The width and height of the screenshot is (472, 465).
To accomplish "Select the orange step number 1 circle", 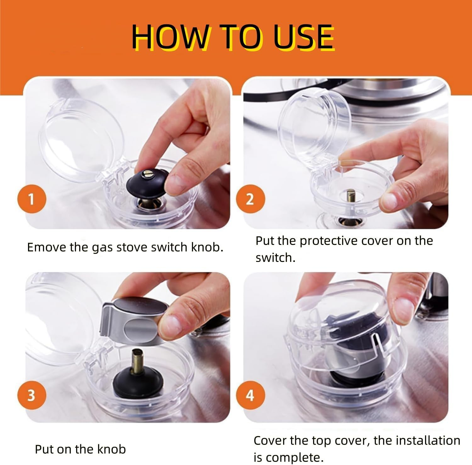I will (x=31, y=199).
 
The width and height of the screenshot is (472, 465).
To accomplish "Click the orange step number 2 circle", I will (x=250, y=199).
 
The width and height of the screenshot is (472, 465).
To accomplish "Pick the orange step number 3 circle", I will (x=31, y=395).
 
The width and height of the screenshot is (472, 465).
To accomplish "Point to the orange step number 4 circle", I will (x=250, y=395).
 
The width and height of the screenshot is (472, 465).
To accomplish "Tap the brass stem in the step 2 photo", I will (x=350, y=196).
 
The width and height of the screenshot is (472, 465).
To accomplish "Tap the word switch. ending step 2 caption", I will (x=275, y=258).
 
